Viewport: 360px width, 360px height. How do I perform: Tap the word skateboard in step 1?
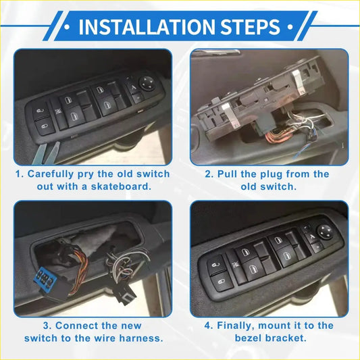(x=117, y=186)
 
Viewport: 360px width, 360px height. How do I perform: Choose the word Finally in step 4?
(x=238, y=326)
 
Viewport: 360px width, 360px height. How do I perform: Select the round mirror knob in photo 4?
(x=324, y=230)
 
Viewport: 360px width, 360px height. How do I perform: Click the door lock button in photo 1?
(x=43, y=111)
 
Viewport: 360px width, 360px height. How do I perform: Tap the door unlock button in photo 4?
(x=217, y=278)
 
